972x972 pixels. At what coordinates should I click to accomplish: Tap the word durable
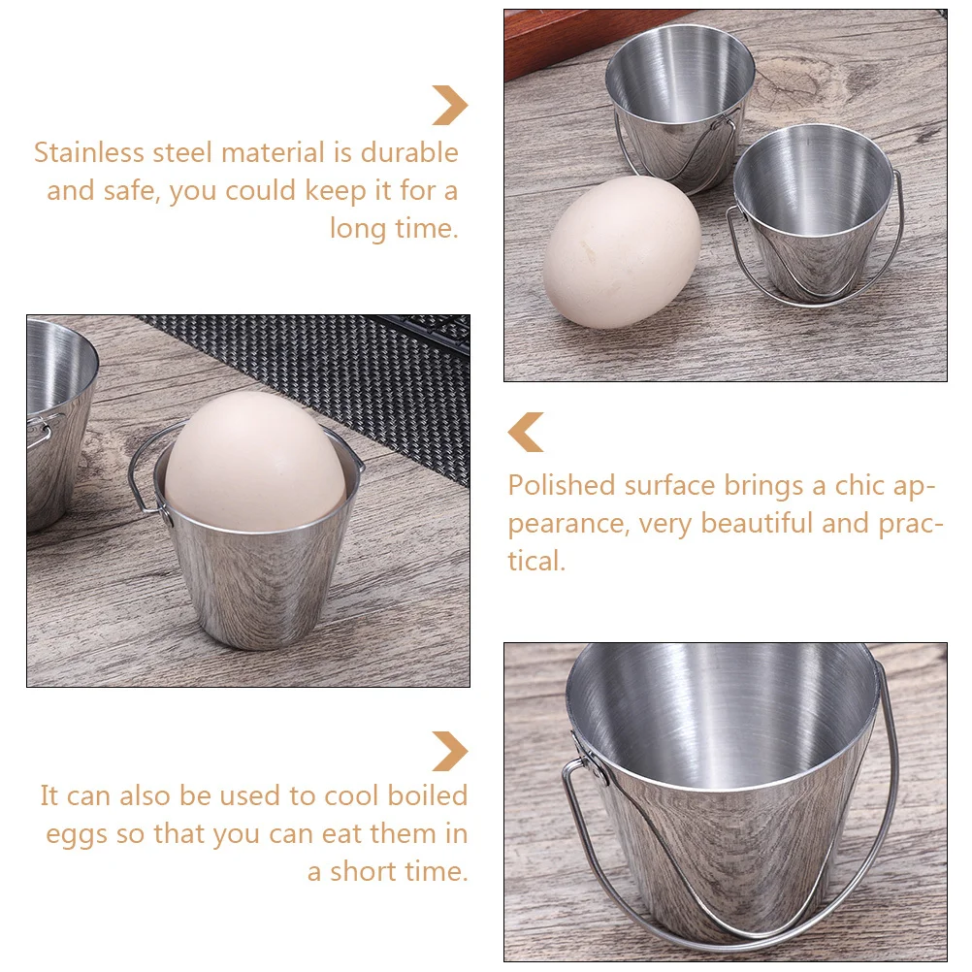(x=409, y=153)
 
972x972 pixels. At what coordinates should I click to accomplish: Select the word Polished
(x=562, y=485)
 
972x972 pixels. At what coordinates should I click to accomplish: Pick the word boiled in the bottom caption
(x=428, y=795)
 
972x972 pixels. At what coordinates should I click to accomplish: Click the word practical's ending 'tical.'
(x=536, y=561)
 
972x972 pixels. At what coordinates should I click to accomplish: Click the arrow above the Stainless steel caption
(x=450, y=105)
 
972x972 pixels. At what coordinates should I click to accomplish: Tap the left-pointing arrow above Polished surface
(x=526, y=432)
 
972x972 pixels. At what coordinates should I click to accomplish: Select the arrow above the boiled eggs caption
(x=450, y=751)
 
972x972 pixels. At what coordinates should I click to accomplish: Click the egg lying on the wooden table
(x=621, y=252)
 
